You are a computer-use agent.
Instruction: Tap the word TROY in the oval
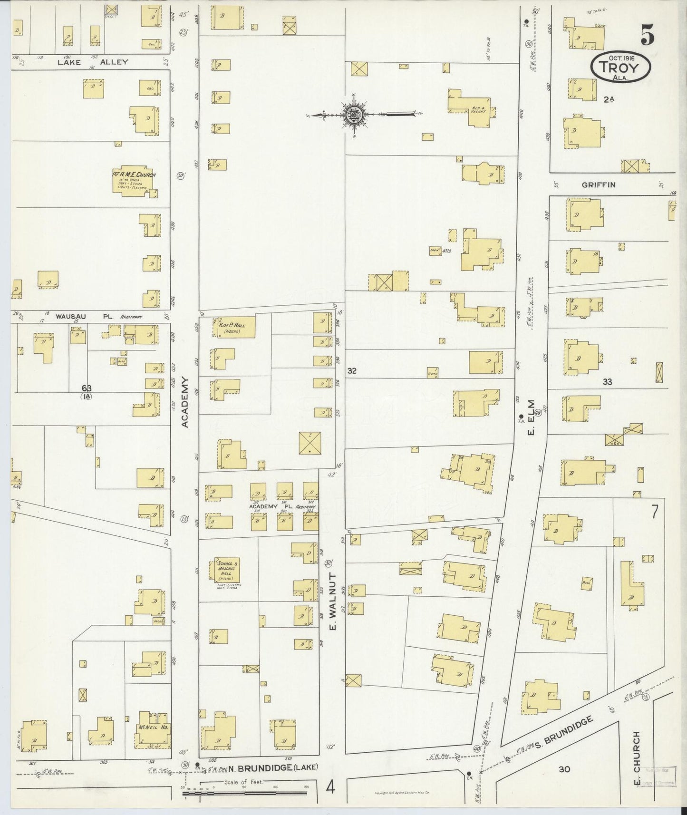tap(620, 67)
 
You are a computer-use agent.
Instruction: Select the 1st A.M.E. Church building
tap(135, 181)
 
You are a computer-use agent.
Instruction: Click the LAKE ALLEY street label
tap(93, 62)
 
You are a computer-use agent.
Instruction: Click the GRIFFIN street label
tap(598, 184)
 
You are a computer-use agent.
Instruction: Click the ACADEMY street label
tap(185, 402)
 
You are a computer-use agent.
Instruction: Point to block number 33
tap(607, 381)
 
